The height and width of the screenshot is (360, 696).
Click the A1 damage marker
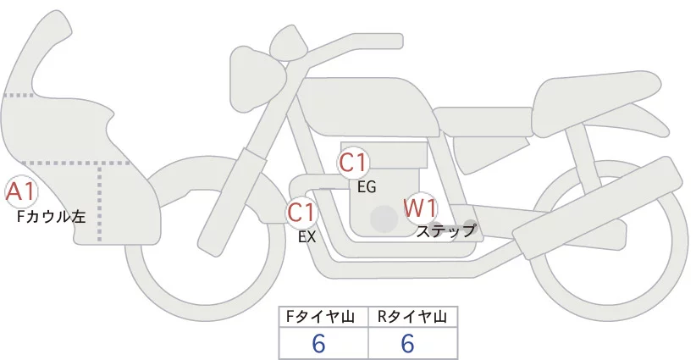point(20,193)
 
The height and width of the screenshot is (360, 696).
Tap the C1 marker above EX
point(302,212)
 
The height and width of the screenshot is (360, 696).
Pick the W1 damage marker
point(421,208)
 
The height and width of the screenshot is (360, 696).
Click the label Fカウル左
point(52,217)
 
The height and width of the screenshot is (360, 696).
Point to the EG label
point(367,187)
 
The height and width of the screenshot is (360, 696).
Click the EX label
point(307,238)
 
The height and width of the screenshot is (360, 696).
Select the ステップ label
point(446,230)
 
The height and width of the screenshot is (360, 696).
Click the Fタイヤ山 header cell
point(324,317)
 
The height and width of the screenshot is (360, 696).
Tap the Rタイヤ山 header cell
point(412,317)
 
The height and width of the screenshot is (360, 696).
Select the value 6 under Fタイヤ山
point(319,344)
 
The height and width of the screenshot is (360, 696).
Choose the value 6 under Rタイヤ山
point(407,344)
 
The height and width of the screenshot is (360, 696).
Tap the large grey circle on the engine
point(384,219)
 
